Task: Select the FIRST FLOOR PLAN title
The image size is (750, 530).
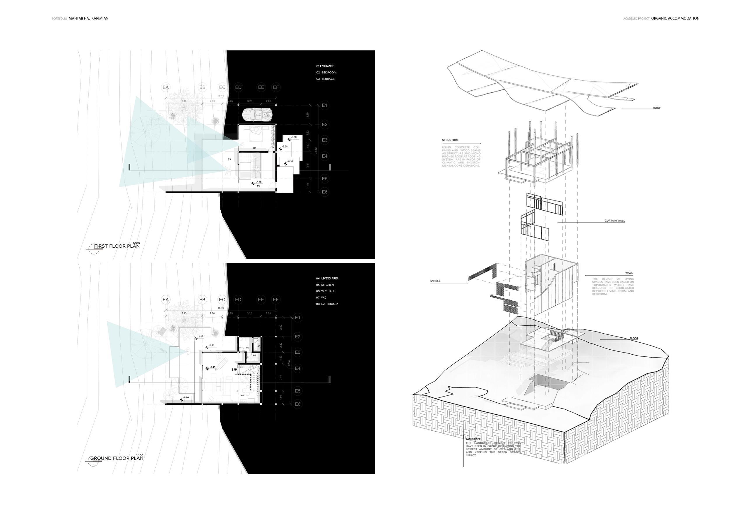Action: point(117,246)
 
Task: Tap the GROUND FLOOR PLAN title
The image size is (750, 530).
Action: point(117,458)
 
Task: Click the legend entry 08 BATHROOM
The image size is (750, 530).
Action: point(327,304)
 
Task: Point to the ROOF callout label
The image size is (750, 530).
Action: point(656,108)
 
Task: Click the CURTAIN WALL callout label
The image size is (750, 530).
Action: point(614,221)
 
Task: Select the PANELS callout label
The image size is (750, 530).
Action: point(435,281)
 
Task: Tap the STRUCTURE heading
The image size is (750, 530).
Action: point(450,140)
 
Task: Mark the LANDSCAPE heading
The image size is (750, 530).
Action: point(473,439)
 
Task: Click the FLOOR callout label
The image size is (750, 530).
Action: point(634,338)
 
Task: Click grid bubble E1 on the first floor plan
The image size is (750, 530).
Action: point(324,105)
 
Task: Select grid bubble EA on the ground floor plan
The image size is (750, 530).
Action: point(166,300)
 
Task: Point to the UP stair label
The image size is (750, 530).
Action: point(235,370)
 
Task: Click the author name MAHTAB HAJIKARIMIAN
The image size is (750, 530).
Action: point(89,19)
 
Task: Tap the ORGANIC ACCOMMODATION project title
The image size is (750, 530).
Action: point(675,19)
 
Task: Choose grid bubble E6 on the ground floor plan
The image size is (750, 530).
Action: point(298,404)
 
